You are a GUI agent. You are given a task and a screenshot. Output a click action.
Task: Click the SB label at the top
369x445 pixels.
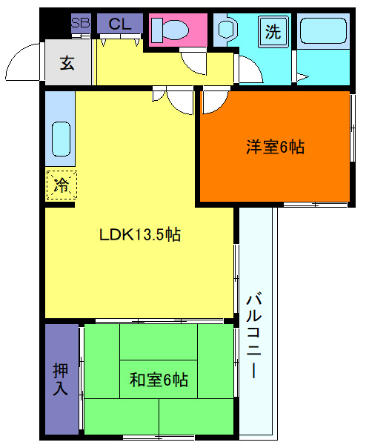(x=80, y=23)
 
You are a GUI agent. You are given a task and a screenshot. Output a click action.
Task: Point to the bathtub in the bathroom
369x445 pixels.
(x=323, y=34)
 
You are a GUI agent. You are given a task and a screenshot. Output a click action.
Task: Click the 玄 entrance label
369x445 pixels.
(x=67, y=63)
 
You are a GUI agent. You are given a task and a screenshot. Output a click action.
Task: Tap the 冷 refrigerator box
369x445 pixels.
(x=61, y=185)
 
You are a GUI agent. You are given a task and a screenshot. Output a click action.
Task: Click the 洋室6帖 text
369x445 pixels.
(x=275, y=147)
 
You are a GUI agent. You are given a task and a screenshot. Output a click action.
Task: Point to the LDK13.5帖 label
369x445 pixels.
(x=141, y=236)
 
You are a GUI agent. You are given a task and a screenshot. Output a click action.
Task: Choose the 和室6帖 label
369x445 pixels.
(x=159, y=380)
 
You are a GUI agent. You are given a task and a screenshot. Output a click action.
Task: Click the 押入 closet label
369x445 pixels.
(x=61, y=379)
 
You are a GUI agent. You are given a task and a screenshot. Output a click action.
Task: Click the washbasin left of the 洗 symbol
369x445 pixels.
(x=227, y=31)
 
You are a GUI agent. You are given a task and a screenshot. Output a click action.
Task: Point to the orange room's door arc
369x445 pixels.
(x=214, y=102)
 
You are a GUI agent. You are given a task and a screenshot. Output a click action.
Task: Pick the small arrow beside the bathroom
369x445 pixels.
(x=302, y=76)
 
